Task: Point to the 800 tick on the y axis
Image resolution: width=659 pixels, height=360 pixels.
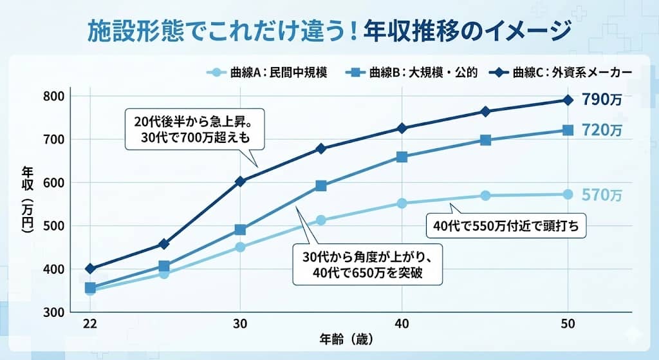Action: click(54, 97)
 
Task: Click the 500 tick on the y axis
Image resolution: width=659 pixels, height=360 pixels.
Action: click(54, 226)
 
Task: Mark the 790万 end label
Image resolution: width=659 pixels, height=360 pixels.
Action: click(601, 100)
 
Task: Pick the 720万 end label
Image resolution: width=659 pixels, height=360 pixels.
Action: click(601, 131)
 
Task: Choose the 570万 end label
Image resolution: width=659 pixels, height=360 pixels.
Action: click(601, 195)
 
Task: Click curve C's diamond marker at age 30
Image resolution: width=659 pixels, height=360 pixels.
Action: click(240, 182)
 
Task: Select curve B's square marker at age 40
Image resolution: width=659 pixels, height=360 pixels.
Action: click(402, 157)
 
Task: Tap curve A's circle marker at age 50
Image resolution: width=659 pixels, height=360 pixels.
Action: click(568, 194)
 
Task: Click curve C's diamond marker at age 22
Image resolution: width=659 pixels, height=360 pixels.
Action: click(90, 269)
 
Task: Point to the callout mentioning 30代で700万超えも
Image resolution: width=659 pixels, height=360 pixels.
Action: click(187, 129)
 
